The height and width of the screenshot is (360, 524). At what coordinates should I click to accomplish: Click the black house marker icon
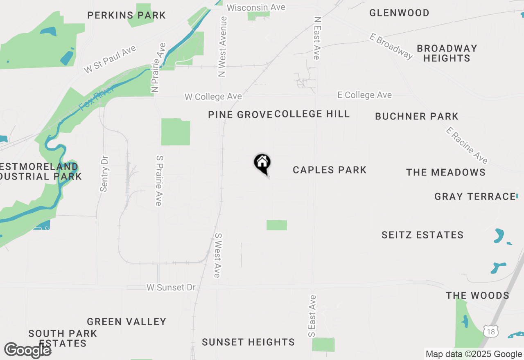point(262,163)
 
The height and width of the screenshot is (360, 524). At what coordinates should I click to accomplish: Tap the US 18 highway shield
point(490,331)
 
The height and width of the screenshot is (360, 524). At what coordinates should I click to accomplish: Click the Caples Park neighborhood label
point(330,170)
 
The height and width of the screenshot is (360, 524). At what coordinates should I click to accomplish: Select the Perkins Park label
point(126,16)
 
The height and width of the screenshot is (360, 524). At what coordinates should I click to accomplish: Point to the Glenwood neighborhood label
point(399,13)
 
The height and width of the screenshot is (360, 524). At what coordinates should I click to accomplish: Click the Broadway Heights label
point(447,53)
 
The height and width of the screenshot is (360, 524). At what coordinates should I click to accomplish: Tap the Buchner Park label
point(417,117)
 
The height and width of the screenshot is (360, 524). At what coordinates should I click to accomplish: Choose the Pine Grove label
point(240,115)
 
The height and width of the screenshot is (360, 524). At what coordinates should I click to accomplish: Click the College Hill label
point(312,114)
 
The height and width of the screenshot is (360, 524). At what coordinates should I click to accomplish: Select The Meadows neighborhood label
point(446,172)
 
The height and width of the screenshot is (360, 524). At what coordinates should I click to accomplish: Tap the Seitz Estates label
point(422,235)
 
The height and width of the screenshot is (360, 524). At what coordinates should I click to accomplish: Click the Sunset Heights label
point(248,342)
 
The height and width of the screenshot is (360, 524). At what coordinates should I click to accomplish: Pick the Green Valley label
point(126,322)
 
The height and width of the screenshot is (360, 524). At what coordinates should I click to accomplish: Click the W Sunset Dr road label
point(171,288)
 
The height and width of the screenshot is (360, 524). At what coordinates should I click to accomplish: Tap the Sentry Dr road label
point(104,173)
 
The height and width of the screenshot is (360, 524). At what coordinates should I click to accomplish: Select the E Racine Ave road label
point(467,145)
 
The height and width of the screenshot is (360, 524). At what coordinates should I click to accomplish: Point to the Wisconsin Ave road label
point(256,7)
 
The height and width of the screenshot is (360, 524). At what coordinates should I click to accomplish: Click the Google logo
point(27,350)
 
